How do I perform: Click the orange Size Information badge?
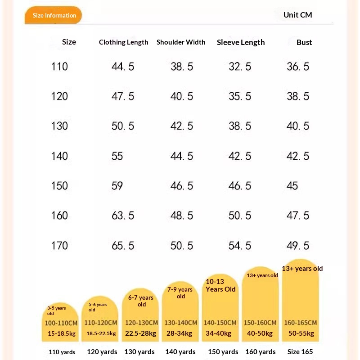(x=53, y=15)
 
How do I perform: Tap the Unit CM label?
(x=297, y=15)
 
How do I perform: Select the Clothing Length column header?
(x=123, y=42)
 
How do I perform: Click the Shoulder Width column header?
(x=181, y=42)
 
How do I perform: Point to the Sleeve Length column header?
(x=241, y=42)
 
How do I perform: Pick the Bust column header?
(x=304, y=42)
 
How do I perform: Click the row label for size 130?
(x=59, y=126)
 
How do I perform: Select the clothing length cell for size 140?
(x=117, y=156)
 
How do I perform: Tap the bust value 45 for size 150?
(x=292, y=186)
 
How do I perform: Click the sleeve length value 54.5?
(x=240, y=246)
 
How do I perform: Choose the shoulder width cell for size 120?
(x=182, y=96)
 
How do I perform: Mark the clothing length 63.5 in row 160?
(x=123, y=216)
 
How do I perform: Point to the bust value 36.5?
(x=298, y=67)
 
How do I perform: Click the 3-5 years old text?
(x=57, y=310)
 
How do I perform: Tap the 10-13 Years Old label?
(x=220, y=285)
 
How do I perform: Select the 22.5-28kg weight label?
(x=140, y=333)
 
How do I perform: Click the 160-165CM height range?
(x=301, y=323)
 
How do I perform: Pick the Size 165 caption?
(x=300, y=352)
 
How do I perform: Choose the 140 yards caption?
(x=180, y=352)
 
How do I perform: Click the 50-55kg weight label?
(x=301, y=333)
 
